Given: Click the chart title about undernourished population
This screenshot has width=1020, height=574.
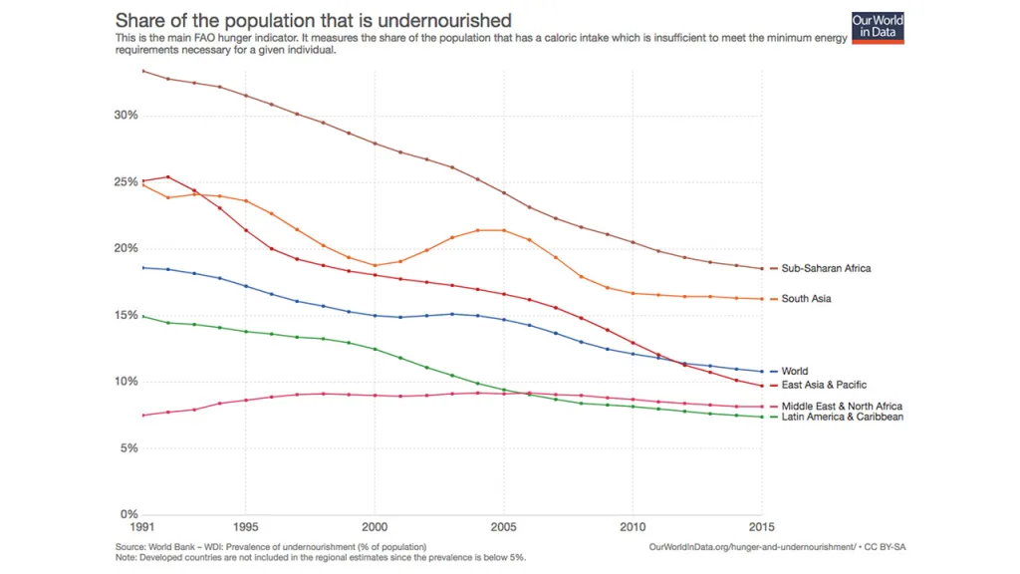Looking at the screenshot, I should pyautogui.click(x=314, y=20).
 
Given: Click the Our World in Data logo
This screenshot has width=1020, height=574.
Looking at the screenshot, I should pyautogui.click(x=878, y=27).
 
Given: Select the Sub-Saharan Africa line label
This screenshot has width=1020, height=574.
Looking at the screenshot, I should pyautogui.click(x=826, y=268).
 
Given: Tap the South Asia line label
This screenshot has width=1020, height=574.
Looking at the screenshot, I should pyautogui.click(x=806, y=299).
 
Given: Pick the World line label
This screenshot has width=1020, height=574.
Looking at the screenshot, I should pyautogui.click(x=794, y=372).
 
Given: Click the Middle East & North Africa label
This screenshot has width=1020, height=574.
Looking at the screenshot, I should pyautogui.click(x=842, y=407).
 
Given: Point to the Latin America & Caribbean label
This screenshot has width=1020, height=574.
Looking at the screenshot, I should pyautogui.click(x=842, y=418).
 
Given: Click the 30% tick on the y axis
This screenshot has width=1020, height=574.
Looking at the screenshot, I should pyautogui.click(x=125, y=116).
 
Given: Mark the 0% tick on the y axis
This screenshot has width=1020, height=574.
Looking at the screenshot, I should pyautogui.click(x=128, y=515).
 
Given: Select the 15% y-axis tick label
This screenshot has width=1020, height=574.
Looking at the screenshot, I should pyautogui.click(x=125, y=315).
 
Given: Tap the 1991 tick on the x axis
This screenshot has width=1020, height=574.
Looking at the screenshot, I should pyautogui.click(x=143, y=527).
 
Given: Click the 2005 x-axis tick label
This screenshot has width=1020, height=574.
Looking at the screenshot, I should pyautogui.click(x=503, y=527).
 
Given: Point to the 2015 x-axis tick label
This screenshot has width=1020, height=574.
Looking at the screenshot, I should pyautogui.click(x=761, y=527).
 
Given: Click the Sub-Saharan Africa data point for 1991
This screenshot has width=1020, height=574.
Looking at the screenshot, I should pyautogui.click(x=143, y=71).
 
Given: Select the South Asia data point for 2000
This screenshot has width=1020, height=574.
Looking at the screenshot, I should pyautogui.click(x=375, y=266).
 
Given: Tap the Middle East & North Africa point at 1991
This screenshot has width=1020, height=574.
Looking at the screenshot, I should pyautogui.click(x=143, y=416).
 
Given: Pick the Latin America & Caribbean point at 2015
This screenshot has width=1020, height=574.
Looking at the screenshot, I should pyautogui.click(x=762, y=417).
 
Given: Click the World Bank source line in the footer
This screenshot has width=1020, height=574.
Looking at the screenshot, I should pyautogui.click(x=271, y=547).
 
